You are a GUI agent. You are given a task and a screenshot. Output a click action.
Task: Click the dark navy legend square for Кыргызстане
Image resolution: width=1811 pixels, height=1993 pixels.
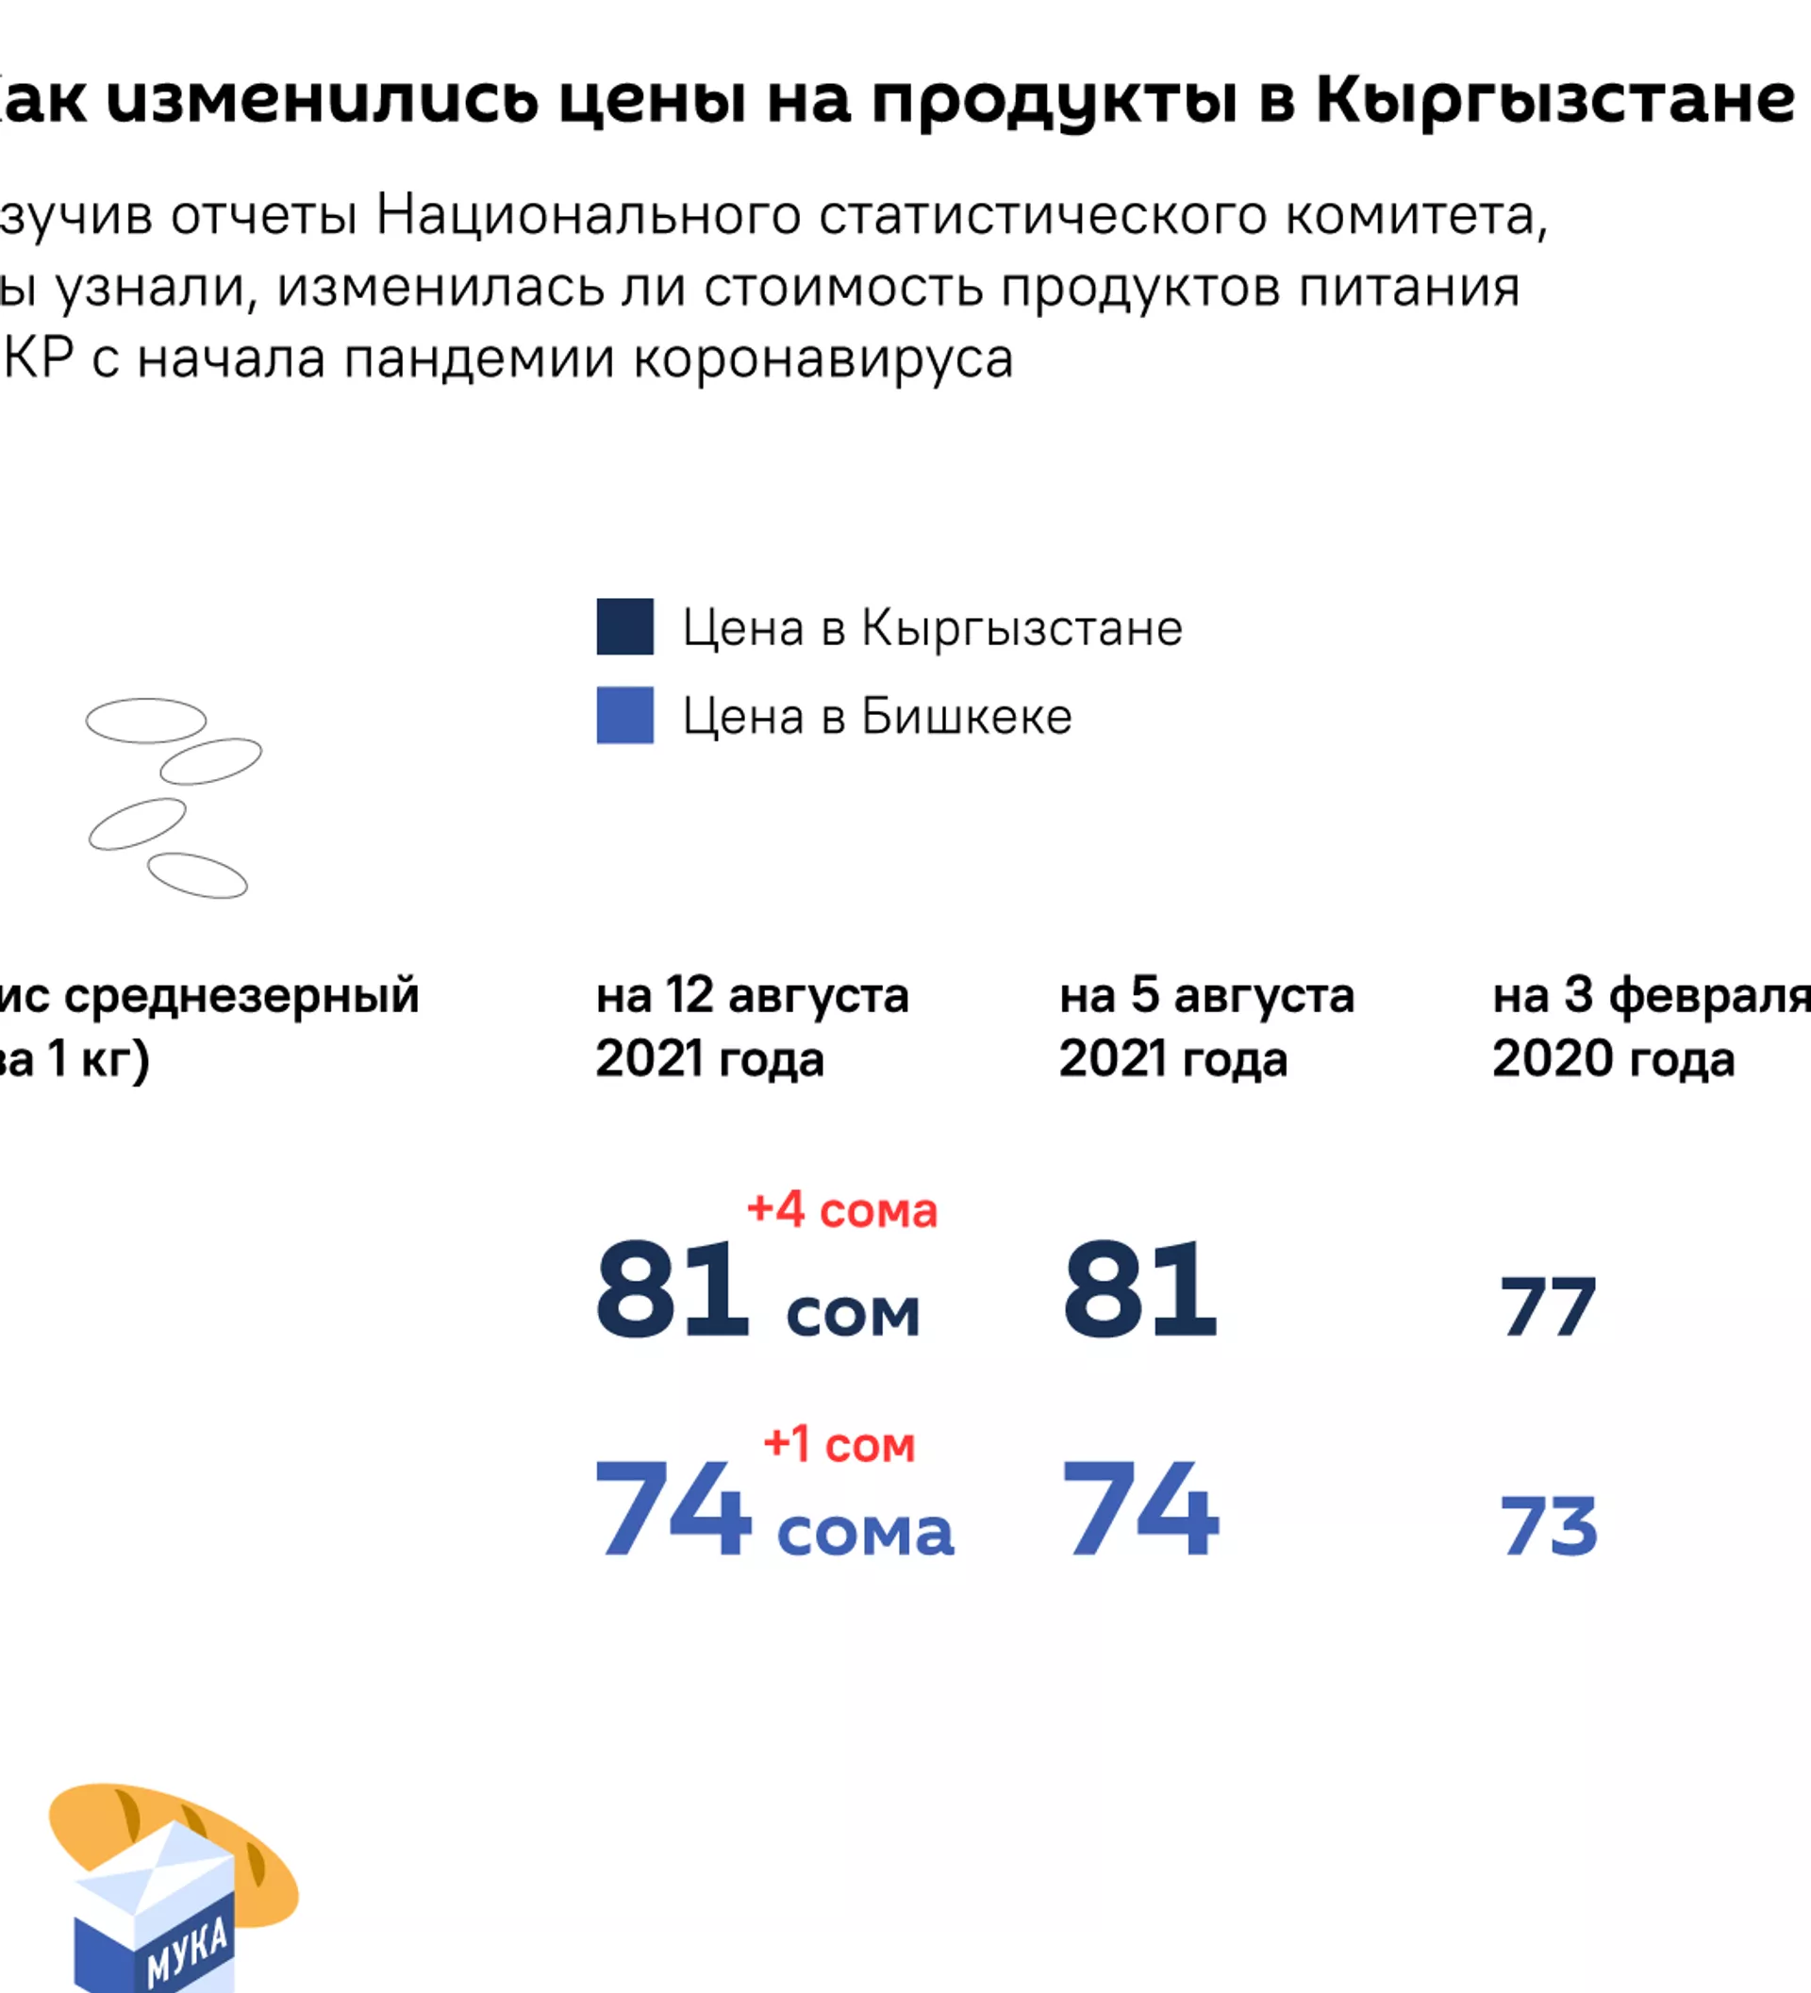[x=624, y=627]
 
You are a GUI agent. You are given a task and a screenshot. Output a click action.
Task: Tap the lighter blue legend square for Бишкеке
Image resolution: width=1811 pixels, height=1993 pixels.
[x=624, y=715]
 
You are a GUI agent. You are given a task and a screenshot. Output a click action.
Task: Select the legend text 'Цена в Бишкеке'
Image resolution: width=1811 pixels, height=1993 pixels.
[x=877, y=717]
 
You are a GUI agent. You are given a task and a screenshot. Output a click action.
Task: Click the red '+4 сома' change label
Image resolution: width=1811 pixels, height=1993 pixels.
[x=842, y=1210]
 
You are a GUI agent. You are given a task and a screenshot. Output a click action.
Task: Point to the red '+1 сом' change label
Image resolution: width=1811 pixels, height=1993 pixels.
[x=839, y=1444]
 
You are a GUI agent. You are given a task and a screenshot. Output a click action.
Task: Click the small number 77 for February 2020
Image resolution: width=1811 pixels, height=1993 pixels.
[x=1547, y=1307]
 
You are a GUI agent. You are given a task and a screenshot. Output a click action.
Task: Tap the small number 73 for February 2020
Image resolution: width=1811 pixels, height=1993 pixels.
[x=1548, y=1526]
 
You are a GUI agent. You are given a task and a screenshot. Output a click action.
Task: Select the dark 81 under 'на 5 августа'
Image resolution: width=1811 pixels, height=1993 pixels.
[x=1139, y=1290]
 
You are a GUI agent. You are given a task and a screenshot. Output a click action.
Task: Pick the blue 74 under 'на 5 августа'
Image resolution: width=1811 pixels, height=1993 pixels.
[x=1139, y=1509]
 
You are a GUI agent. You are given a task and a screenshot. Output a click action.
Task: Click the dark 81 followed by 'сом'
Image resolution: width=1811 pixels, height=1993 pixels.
[x=673, y=1290]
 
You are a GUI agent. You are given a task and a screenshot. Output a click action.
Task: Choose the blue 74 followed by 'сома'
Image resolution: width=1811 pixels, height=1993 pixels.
[x=673, y=1509]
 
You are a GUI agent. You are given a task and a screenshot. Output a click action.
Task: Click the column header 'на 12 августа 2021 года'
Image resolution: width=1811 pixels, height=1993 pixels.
[x=752, y=1026]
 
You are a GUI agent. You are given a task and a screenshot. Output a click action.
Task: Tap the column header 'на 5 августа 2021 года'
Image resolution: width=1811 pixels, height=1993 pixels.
[x=1206, y=1026]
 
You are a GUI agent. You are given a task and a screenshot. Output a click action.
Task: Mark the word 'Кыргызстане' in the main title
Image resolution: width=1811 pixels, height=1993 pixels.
[x=1555, y=101]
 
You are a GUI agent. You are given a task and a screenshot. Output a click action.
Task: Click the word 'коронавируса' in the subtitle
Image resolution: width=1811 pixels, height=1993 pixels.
[x=822, y=358]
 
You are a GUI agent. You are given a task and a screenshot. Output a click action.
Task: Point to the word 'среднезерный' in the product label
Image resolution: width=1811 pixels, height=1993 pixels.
[x=242, y=995]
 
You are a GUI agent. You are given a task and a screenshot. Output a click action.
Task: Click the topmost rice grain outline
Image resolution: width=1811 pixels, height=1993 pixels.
[x=146, y=721]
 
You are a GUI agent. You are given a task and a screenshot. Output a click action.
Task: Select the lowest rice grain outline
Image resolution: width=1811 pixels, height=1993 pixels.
[x=197, y=875]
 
